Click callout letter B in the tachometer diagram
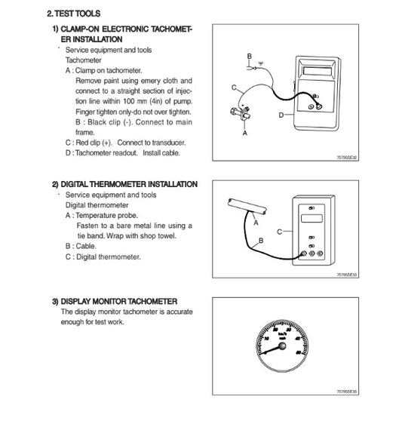249,57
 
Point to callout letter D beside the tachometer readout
280,115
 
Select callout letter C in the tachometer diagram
235,88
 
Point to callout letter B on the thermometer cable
261,241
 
